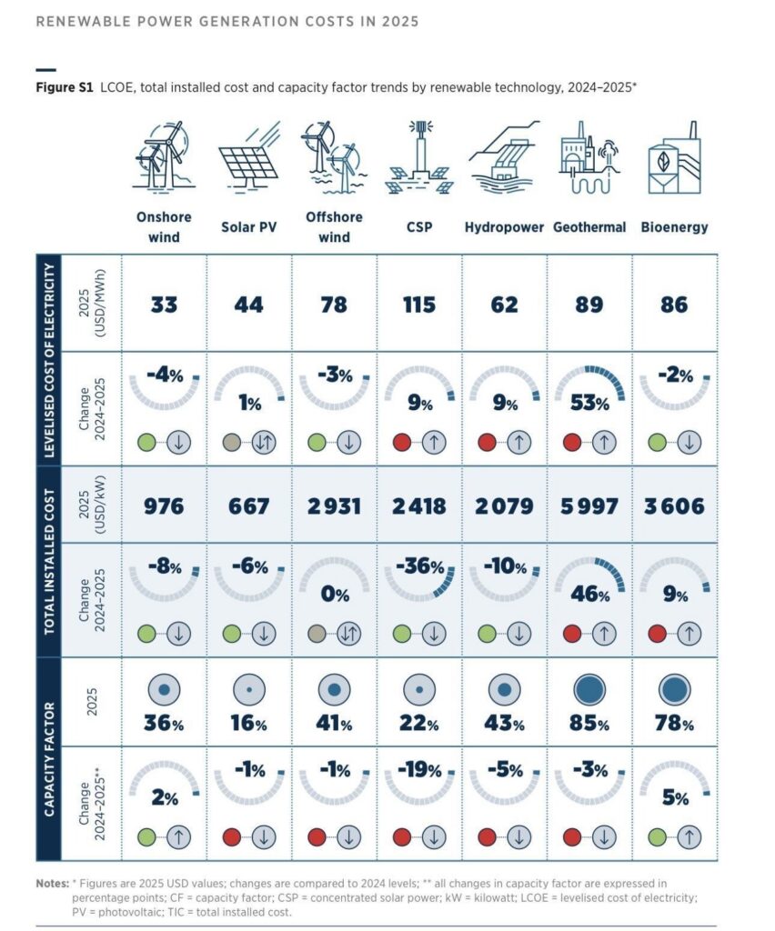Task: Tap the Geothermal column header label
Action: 589,227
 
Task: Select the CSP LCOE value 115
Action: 419,305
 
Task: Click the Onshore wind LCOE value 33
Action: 164,305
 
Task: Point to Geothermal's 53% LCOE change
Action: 589,403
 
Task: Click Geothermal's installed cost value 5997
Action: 589,506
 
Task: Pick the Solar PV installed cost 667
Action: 249,506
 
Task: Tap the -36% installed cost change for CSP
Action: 420,566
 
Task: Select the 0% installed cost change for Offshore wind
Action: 335,594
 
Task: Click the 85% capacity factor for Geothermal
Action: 589,724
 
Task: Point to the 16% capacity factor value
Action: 249,724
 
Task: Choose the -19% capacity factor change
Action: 419,770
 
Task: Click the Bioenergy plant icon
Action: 675,158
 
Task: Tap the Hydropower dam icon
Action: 504,158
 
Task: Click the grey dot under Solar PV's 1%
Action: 232,443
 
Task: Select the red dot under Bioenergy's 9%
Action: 657,634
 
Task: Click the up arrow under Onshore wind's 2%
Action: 179,837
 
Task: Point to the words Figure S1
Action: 65,88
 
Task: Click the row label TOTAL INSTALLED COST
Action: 49,562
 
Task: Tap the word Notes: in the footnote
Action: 52,884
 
